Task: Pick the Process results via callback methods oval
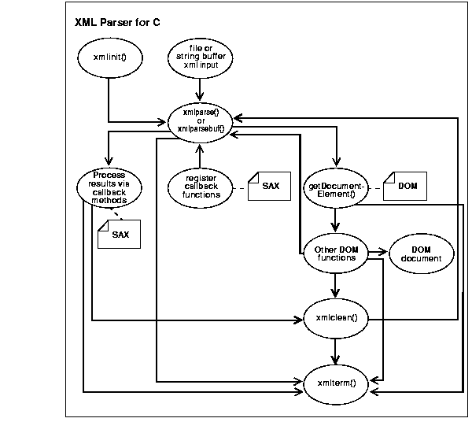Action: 109,187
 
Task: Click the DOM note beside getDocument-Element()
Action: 404,186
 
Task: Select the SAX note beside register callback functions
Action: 268,186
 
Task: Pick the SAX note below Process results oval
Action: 119,234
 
